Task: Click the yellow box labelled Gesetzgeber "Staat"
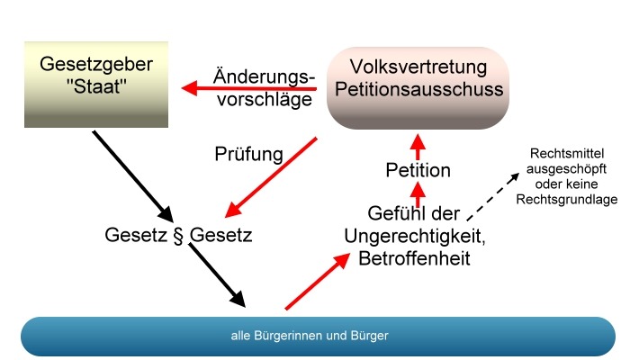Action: point(96,85)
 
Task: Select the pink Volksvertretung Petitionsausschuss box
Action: point(418,88)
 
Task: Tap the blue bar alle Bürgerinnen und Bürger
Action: point(318,336)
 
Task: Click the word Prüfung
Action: point(248,155)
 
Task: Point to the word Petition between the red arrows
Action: point(418,170)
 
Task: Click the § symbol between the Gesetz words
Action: point(178,236)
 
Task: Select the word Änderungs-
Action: point(264,76)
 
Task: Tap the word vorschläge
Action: point(265,100)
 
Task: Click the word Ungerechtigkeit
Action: point(415,237)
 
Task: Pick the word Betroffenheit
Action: point(415,258)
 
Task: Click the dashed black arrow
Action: point(492,197)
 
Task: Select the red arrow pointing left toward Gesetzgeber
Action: point(249,88)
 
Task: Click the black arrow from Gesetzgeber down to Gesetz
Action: point(133,176)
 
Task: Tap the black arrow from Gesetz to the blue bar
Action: point(217,275)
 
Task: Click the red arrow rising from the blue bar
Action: point(318,282)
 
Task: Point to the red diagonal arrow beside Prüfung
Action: point(271,177)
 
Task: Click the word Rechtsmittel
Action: point(567,154)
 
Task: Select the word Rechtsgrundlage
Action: point(566,200)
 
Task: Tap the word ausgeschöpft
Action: point(566,169)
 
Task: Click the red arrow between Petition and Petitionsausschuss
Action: point(418,147)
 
